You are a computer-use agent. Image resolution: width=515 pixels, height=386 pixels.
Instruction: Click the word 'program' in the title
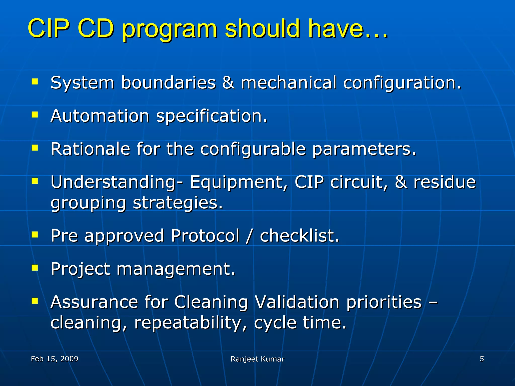pyautogui.click(x=169, y=30)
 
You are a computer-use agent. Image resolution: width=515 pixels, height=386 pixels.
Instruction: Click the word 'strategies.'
pyautogui.click(x=178, y=203)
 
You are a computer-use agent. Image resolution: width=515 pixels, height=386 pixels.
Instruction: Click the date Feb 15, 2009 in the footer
pyautogui.click(x=55, y=359)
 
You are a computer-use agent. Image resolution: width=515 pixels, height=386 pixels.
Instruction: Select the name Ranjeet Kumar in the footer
pyautogui.click(x=257, y=359)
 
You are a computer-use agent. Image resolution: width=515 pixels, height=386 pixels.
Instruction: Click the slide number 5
pyautogui.click(x=482, y=359)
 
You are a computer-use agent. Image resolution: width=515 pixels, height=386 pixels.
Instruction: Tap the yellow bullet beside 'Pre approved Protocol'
pyautogui.click(x=35, y=235)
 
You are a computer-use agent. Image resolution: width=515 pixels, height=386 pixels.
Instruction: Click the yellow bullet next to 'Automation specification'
pyautogui.click(x=35, y=115)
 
